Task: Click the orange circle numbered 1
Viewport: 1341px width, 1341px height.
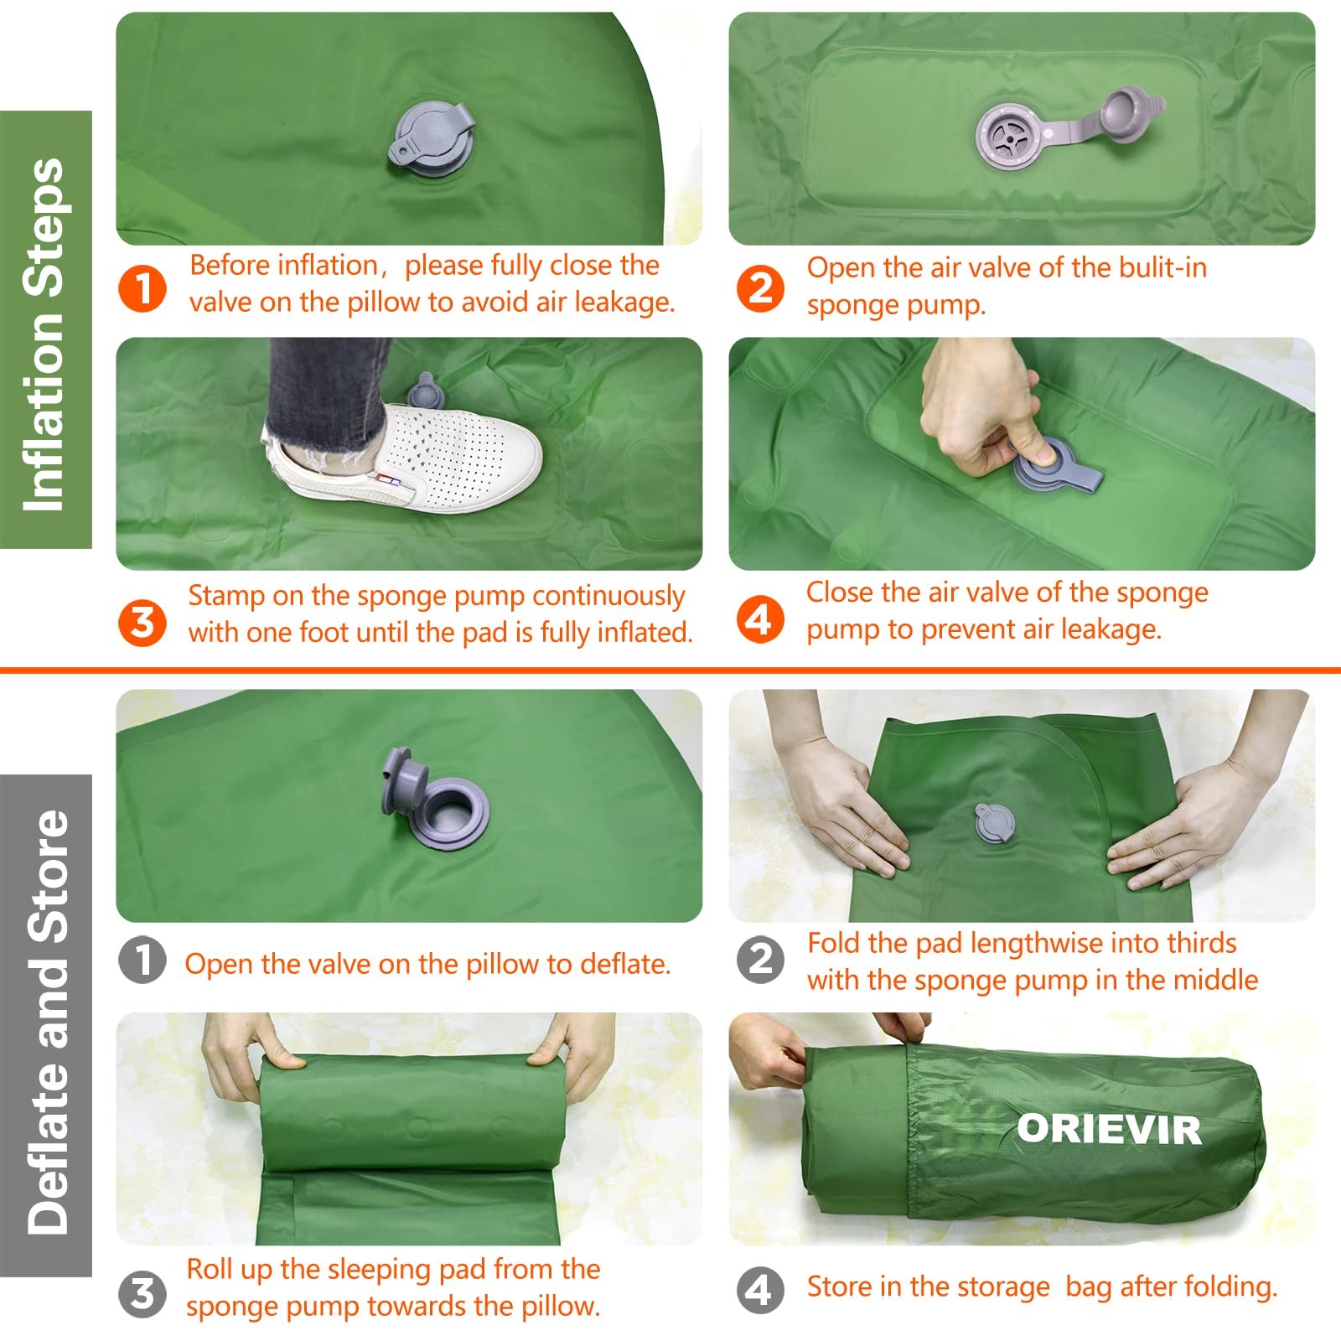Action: tap(142, 289)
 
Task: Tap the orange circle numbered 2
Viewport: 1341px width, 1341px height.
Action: tap(760, 289)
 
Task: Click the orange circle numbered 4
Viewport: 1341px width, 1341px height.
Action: tap(760, 620)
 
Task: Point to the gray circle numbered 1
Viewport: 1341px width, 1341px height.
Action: tap(142, 960)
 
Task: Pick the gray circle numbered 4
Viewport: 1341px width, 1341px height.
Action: tap(760, 1291)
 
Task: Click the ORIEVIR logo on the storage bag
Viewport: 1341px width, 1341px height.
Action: tap(1108, 1130)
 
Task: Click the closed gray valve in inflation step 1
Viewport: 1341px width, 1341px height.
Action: tap(431, 139)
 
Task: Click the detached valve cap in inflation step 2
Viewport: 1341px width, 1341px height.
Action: tap(1127, 111)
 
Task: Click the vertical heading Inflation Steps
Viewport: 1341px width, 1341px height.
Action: tap(45, 331)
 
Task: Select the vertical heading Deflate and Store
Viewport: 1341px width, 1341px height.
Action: tap(47, 1023)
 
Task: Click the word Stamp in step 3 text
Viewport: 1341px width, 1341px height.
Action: tap(223, 596)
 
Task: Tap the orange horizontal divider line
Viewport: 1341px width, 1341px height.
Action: tap(670, 670)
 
